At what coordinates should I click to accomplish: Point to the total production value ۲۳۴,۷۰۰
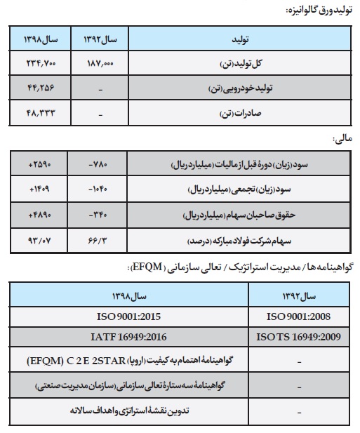point(40,63)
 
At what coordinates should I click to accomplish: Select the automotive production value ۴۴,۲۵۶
point(40,88)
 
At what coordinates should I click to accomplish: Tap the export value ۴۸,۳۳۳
point(40,112)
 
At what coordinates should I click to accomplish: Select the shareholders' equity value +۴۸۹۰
point(40,214)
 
